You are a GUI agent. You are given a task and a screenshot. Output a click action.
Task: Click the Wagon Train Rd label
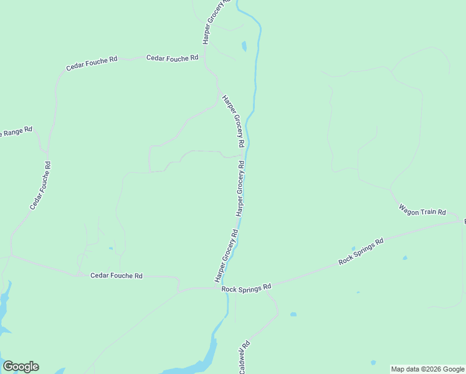click(x=423, y=212)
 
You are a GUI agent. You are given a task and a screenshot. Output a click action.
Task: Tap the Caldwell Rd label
click(x=244, y=357)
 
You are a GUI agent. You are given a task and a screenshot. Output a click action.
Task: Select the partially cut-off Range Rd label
click(x=16, y=132)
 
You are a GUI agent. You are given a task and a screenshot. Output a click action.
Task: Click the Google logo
click(x=21, y=367)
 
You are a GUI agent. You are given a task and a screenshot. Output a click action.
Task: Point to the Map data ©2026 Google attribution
click(x=428, y=369)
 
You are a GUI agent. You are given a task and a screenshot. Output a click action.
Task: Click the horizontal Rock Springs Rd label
click(x=247, y=287)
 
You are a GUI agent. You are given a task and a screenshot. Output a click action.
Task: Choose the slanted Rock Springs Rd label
click(x=361, y=252)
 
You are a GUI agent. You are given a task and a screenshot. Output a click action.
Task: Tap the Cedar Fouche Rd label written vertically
click(x=39, y=185)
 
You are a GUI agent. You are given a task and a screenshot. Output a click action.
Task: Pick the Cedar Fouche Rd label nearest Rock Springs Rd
click(x=117, y=276)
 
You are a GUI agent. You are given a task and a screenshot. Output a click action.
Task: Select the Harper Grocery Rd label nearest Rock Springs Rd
click(x=227, y=256)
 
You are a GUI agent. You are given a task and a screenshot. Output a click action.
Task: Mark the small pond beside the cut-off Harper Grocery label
click(x=244, y=46)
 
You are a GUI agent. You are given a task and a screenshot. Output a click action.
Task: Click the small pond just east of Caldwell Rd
click(x=293, y=314)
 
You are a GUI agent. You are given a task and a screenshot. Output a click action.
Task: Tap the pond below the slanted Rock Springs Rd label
click(x=405, y=257)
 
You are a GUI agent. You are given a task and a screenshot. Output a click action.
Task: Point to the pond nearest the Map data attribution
click(x=373, y=362)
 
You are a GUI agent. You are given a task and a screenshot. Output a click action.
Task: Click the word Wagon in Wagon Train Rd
click(x=409, y=209)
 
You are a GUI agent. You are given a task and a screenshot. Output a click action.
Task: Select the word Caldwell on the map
click(x=244, y=360)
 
